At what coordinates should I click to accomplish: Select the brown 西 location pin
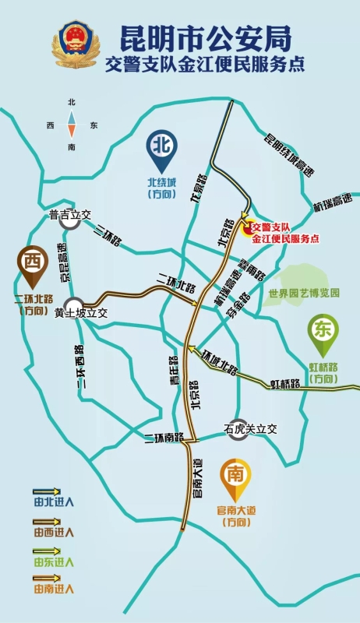click(32, 264)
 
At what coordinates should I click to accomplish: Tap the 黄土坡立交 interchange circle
click(74, 305)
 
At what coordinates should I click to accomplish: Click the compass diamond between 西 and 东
click(72, 125)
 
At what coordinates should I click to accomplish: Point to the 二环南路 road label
click(163, 438)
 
